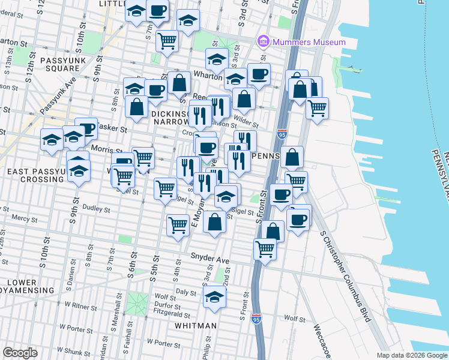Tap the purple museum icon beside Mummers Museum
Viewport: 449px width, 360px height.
pos(262,42)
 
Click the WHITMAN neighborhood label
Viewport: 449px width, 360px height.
pos(195,325)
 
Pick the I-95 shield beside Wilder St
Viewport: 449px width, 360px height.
pos(282,134)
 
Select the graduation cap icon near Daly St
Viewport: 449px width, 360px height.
pos(214,297)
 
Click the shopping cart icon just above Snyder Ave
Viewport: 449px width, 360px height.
pos(265,248)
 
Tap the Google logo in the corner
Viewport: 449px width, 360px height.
pos(20,353)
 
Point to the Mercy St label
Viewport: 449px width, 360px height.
pos(23,219)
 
